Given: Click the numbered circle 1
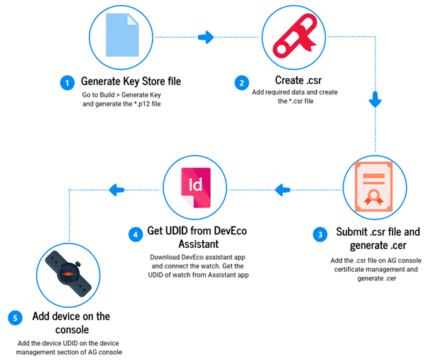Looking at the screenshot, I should coord(67,82).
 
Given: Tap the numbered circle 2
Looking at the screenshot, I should coord(242,82).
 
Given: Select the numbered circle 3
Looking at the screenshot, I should coord(322,233).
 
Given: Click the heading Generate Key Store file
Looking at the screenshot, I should coord(131,82).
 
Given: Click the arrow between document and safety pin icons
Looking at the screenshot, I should coord(206,37).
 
